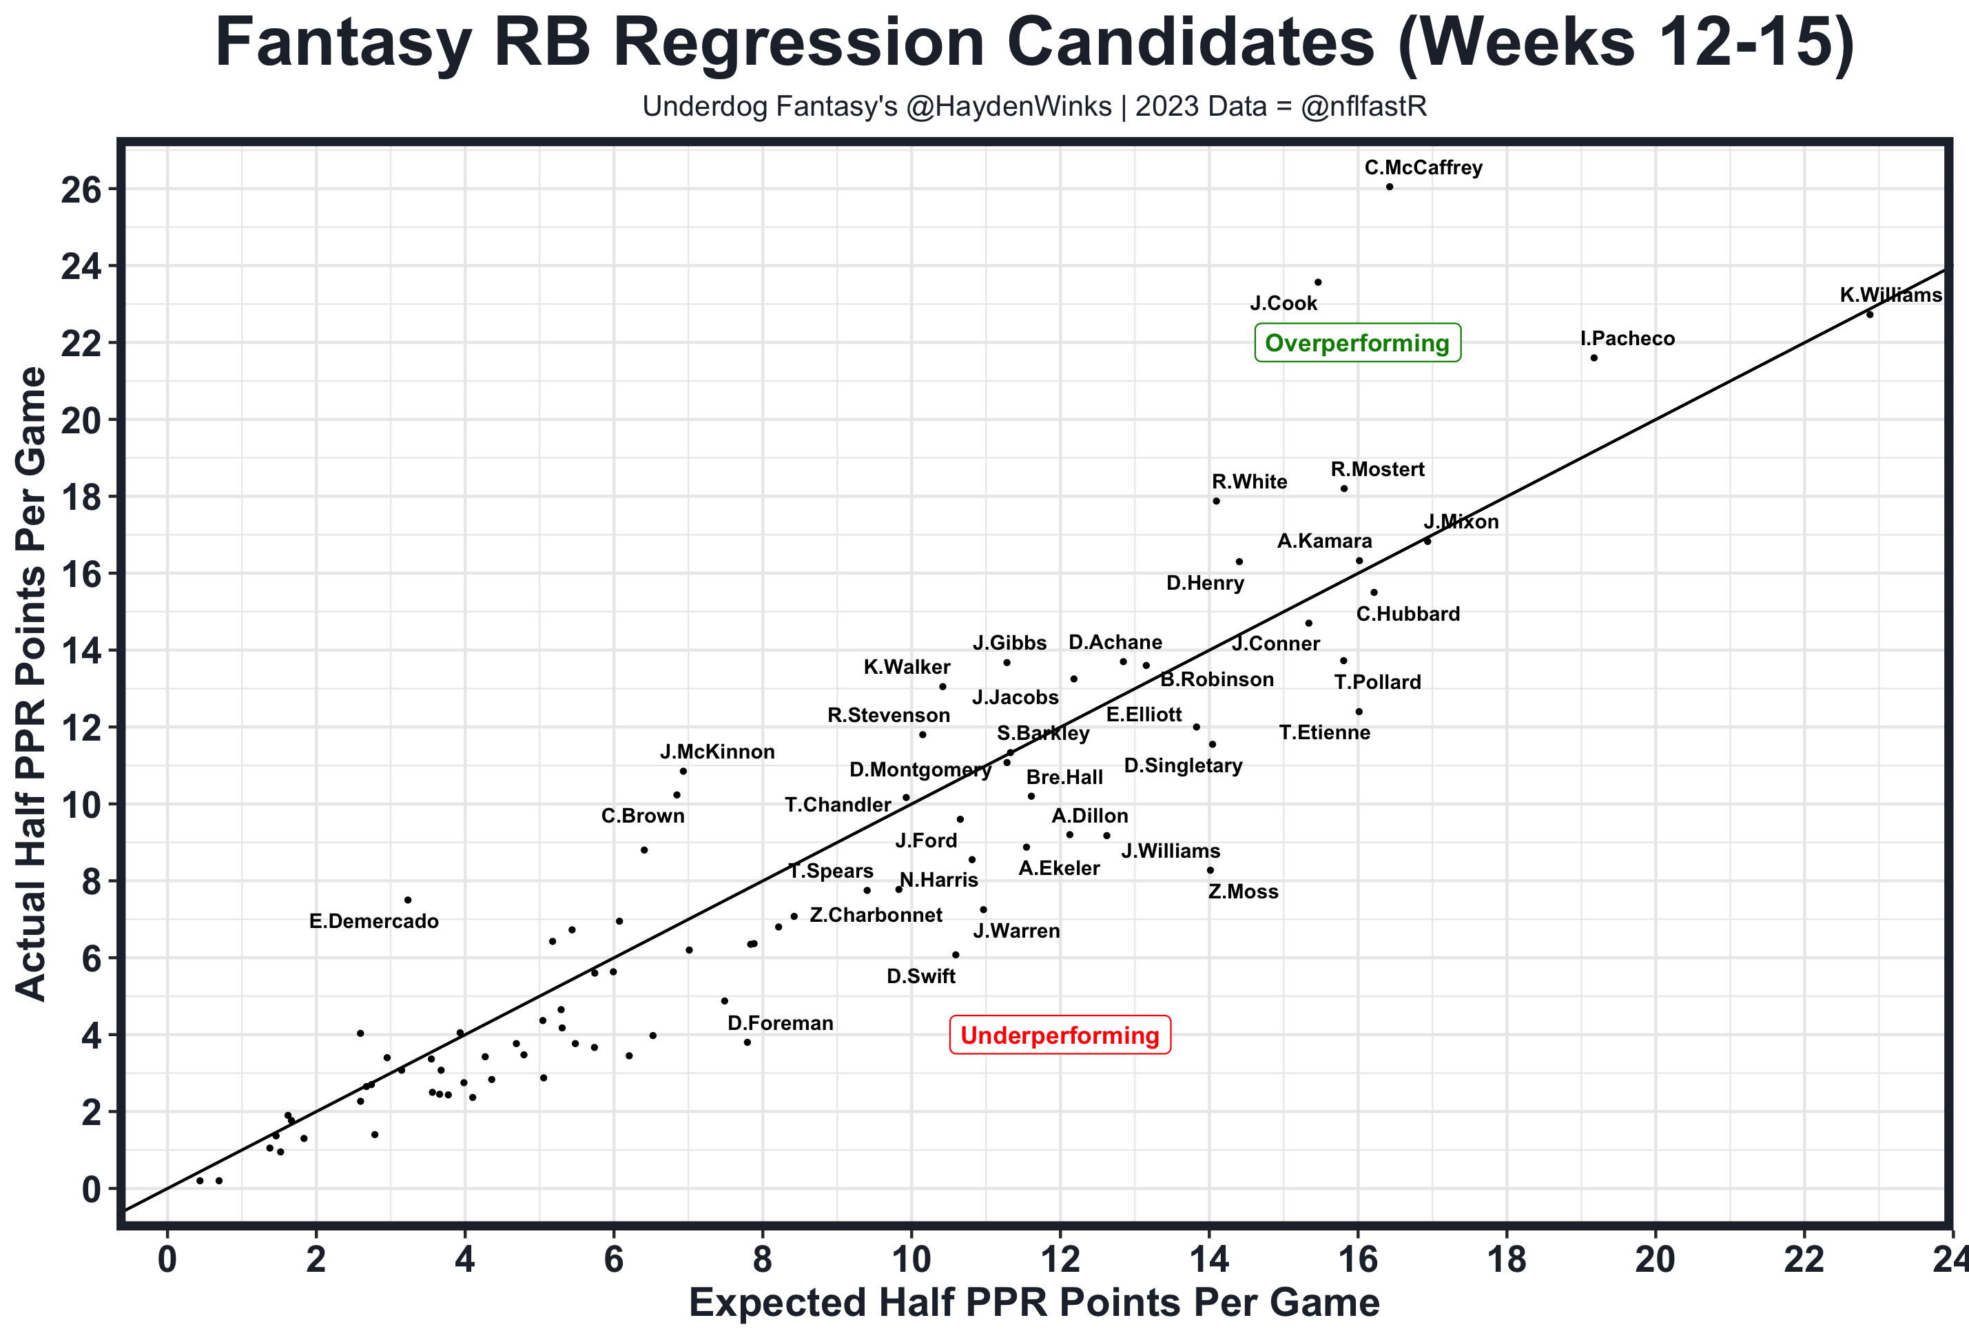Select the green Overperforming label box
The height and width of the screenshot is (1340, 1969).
click(x=1357, y=343)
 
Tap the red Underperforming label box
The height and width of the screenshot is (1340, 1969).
click(x=1060, y=1035)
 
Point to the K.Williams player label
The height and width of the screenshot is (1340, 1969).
click(x=1890, y=296)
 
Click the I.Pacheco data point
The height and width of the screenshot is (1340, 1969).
click(x=1594, y=358)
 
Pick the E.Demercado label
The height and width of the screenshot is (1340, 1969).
click(x=373, y=922)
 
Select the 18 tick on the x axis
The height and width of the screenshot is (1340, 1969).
click(x=1507, y=1260)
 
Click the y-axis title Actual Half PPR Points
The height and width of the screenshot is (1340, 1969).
click(x=32, y=683)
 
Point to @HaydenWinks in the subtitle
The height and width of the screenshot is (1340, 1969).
click(x=1008, y=107)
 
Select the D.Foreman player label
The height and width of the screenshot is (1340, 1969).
click(x=781, y=1024)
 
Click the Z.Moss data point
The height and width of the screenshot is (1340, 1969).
click(x=1210, y=870)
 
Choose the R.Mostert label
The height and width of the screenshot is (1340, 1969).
click(x=1378, y=470)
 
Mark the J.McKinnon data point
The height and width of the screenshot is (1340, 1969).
click(x=683, y=772)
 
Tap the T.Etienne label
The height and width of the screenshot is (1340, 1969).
click(x=1324, y=732)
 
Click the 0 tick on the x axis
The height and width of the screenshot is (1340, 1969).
click(x=167, y=1260)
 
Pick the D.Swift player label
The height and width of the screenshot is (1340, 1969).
click(x=921, y=977)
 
